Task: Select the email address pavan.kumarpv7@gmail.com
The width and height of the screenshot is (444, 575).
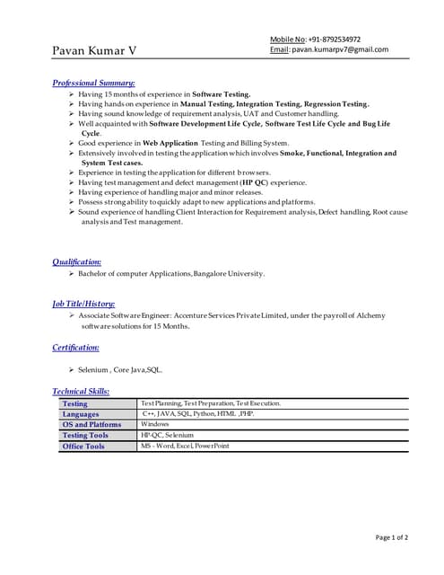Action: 340,50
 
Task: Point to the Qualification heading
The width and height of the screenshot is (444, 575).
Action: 76,261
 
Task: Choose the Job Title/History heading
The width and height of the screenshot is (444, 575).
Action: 83,304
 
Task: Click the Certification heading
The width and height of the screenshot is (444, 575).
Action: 75,347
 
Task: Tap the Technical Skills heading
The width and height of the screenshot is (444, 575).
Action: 81,391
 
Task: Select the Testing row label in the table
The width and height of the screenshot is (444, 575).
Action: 75,404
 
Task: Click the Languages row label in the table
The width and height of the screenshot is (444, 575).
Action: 81,414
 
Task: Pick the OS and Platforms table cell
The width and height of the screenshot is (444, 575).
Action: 91,425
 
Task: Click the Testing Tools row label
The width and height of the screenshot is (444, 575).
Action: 85,436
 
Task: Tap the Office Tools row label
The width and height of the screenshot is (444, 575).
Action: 83,447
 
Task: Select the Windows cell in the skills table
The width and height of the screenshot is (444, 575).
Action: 155,424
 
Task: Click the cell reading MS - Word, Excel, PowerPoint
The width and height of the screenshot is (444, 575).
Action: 185,446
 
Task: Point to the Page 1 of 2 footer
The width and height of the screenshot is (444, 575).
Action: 391,537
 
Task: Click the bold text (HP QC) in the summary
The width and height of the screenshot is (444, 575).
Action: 255,181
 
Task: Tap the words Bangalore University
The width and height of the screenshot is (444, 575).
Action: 229,273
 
